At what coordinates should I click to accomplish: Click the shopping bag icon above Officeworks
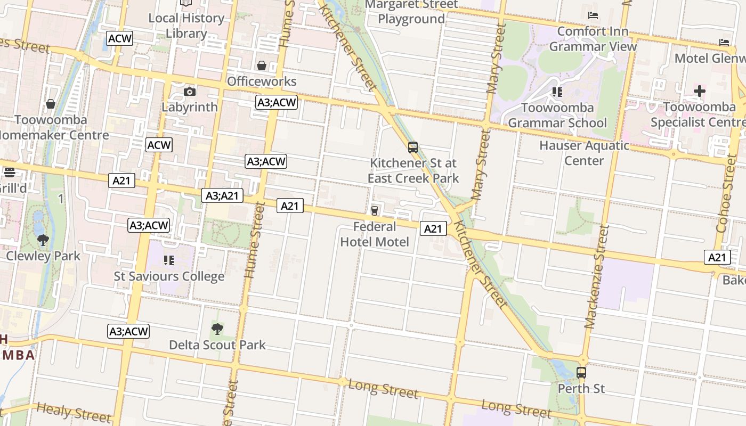coord(262,65)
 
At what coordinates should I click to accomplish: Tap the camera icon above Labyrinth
coord(189,92)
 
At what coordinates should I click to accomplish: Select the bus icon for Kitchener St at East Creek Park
coord(412,148)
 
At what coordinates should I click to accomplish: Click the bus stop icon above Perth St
coord(581,373)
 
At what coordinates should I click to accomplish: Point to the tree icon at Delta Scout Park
coord(217,329)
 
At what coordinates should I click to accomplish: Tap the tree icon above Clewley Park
coord(43,240)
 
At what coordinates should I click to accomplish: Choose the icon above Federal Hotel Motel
coord(375,211)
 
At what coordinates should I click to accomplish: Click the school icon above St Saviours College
coord(169,260)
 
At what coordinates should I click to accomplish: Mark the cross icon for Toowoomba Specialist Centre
coord(699,91)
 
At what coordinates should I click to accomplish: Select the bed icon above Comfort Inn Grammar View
coord(593,15)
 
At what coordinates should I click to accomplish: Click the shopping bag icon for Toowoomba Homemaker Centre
coord(51,103)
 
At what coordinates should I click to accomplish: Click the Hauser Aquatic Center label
coord(584,153)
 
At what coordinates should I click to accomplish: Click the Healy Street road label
coord(74,411)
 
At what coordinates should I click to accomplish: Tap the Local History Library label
coord(186,26)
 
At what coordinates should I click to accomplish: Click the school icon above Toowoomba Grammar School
coord(557,92)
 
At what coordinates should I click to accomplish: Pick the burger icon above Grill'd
coord(10,172)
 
